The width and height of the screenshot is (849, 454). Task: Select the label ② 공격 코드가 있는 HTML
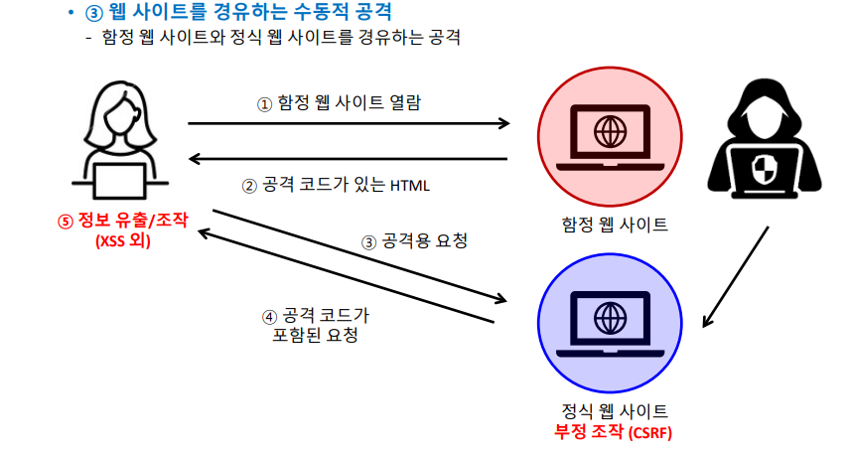336,186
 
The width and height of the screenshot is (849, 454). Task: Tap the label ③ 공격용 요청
413,240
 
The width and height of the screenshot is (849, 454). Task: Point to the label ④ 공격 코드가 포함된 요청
316,325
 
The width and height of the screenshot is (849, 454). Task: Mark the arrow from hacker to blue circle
735,276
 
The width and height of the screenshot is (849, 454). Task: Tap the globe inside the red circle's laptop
609,129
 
